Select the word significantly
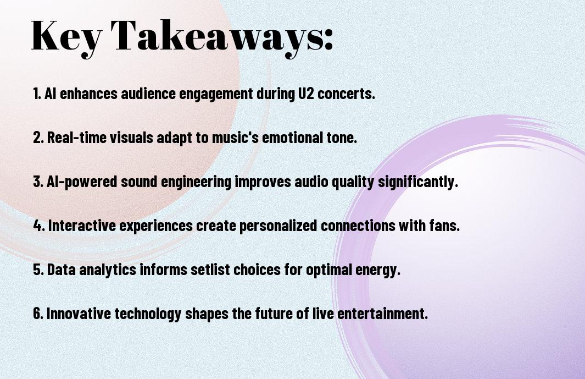coord(418,182)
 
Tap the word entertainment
coord(382,313)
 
